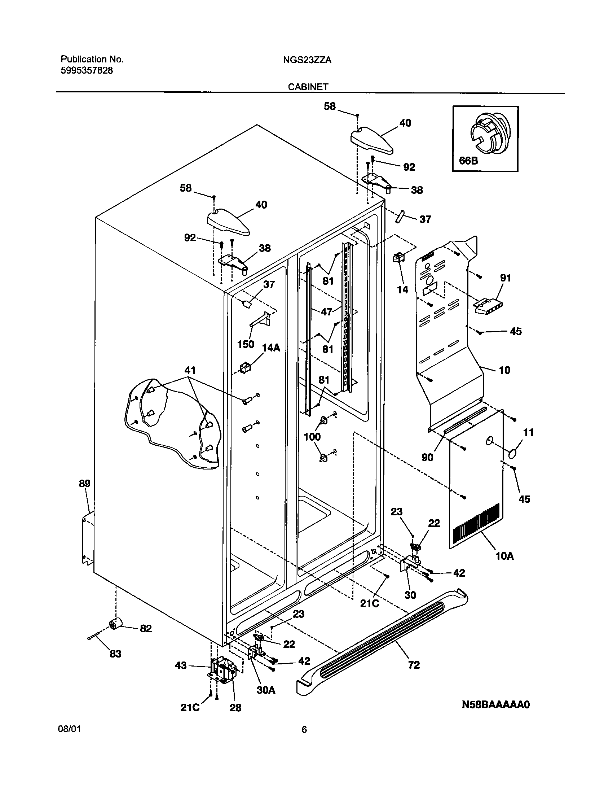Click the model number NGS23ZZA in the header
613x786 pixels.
point(307,60)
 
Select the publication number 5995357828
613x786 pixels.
point(87,71)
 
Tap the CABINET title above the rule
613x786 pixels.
point(308,87)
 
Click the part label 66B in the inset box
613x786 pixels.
point(468,160)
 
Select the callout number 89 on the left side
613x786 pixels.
point(84,484)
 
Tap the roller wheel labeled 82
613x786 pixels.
point(116,623)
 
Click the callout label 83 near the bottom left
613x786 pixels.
point(115,654)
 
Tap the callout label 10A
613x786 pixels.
point(504,556)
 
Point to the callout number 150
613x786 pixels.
point(246,344)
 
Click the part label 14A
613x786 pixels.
point(271,348)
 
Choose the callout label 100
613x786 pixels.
point(312,437)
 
